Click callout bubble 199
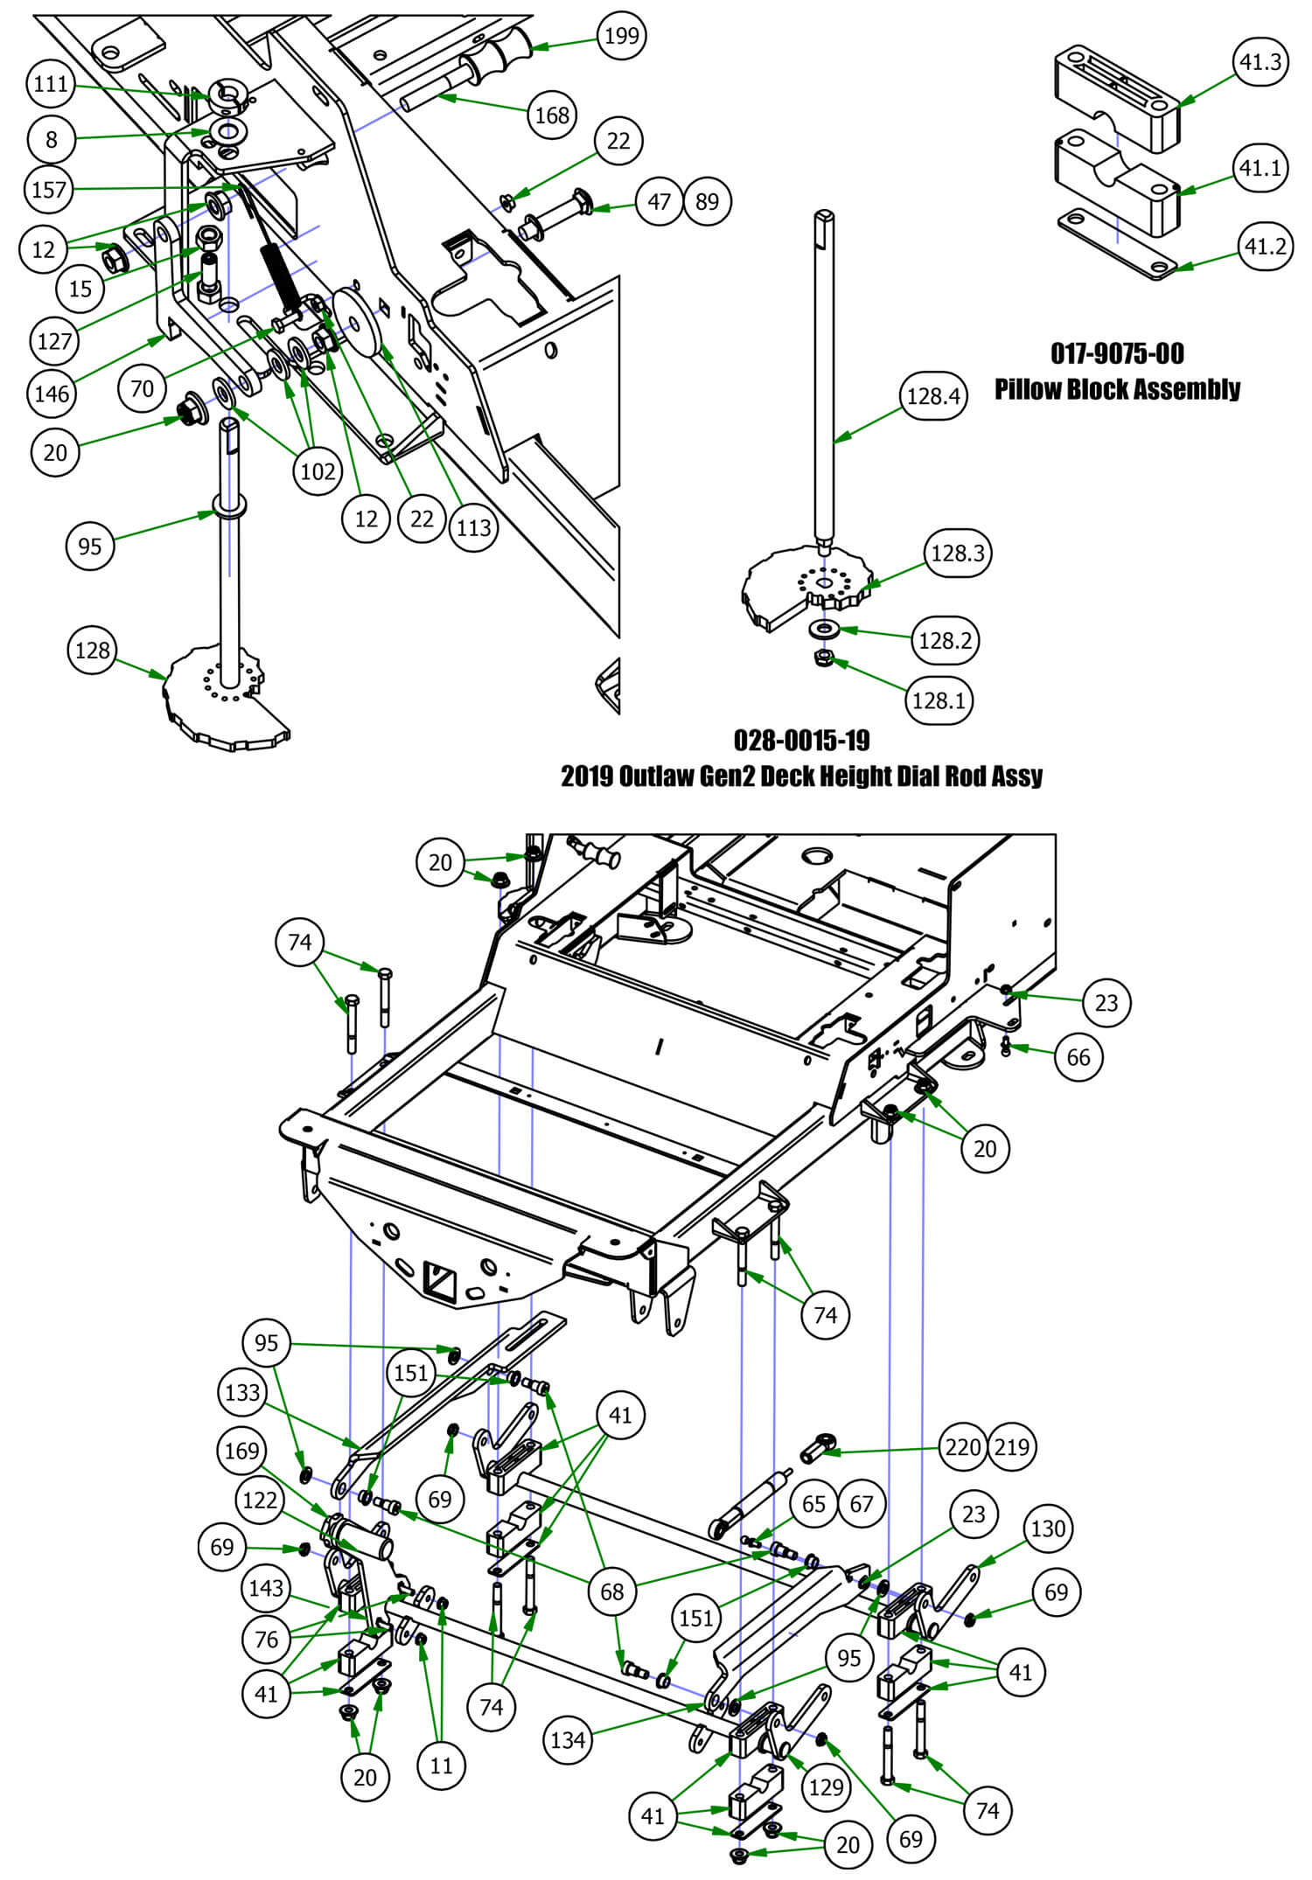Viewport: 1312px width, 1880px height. [621, 36]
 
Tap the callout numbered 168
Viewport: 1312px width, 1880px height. [552, 115]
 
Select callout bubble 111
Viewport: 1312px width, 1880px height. [52, 84]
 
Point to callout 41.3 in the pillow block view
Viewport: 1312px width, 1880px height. [1260, 62]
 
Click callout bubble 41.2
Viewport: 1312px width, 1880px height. [1265, 247]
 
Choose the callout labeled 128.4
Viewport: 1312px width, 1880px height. [933, 396]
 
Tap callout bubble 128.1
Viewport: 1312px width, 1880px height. [939, 700]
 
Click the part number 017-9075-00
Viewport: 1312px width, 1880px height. [1117, 353]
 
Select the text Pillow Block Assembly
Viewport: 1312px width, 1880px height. [1117, 388]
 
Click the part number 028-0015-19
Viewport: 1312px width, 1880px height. [801, 741]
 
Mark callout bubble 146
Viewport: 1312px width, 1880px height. [52, 393]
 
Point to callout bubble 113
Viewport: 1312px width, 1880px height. [474, 527]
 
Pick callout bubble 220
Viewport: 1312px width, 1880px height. [963, 1446]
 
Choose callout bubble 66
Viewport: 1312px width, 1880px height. [1078, 1056]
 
